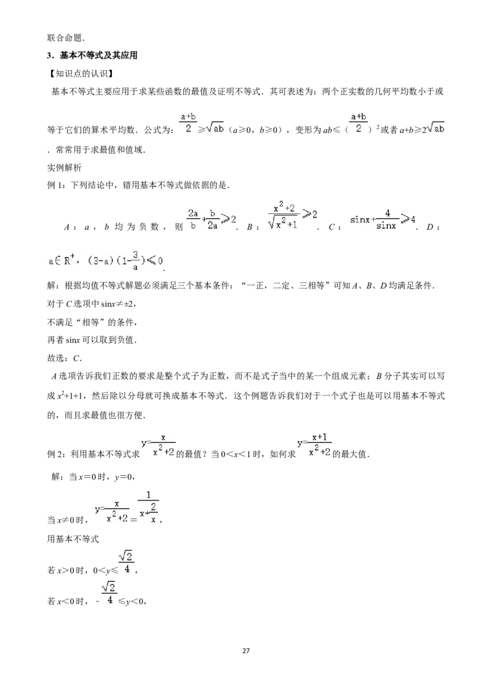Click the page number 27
(x=246, y=651)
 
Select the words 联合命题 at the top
(x=65, y=38)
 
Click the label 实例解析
(x=65, y=168)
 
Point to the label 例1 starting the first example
(x=57, y=186)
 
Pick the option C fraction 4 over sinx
(x=386, y=219)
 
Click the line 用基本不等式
(x=73, y=539)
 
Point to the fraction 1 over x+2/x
(x=148, y=507)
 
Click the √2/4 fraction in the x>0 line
(x=126, y=563)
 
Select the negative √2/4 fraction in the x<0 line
(x=106, y=594)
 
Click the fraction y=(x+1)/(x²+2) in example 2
(x=314, y=446)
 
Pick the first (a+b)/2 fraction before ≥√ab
(x=188, y=123)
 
